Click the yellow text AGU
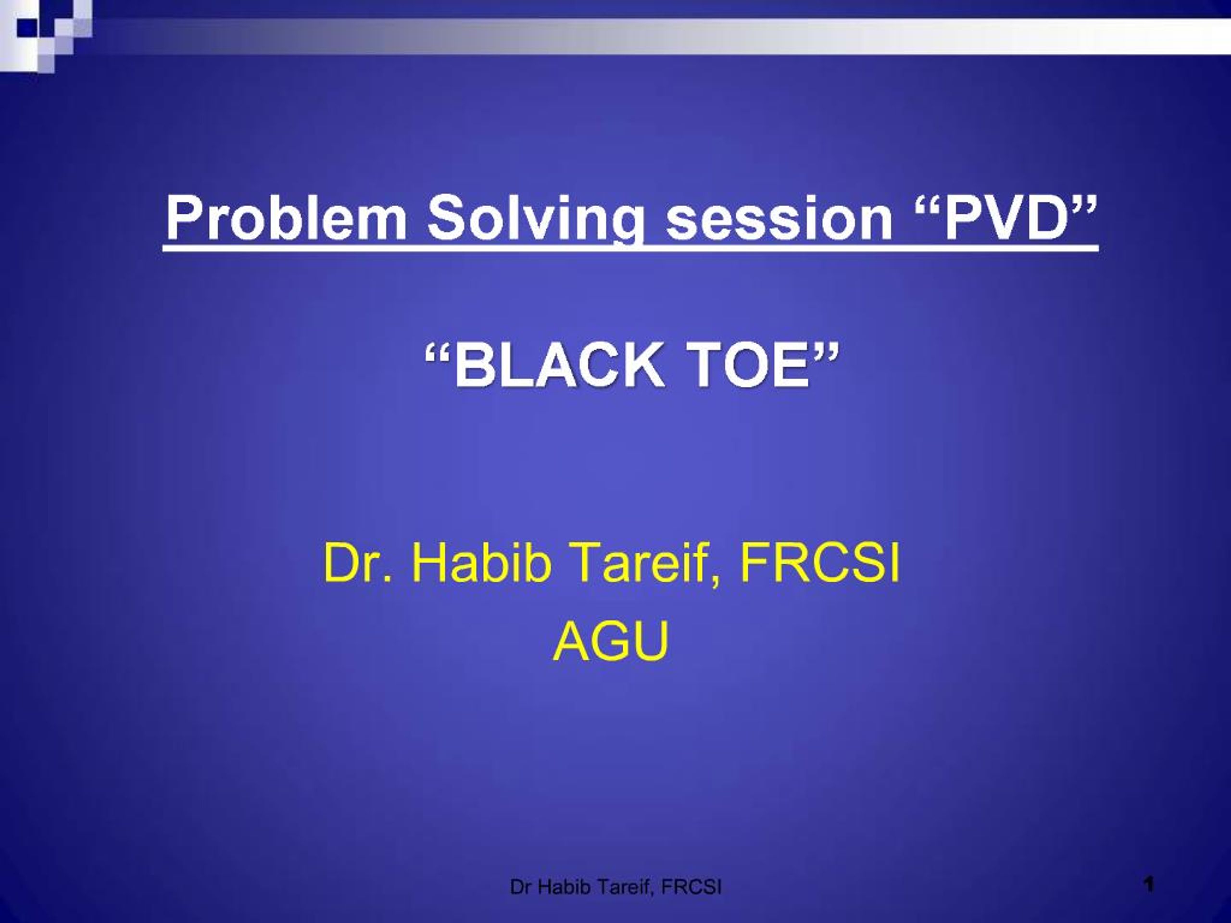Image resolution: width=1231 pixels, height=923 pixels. tap(611, 641)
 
